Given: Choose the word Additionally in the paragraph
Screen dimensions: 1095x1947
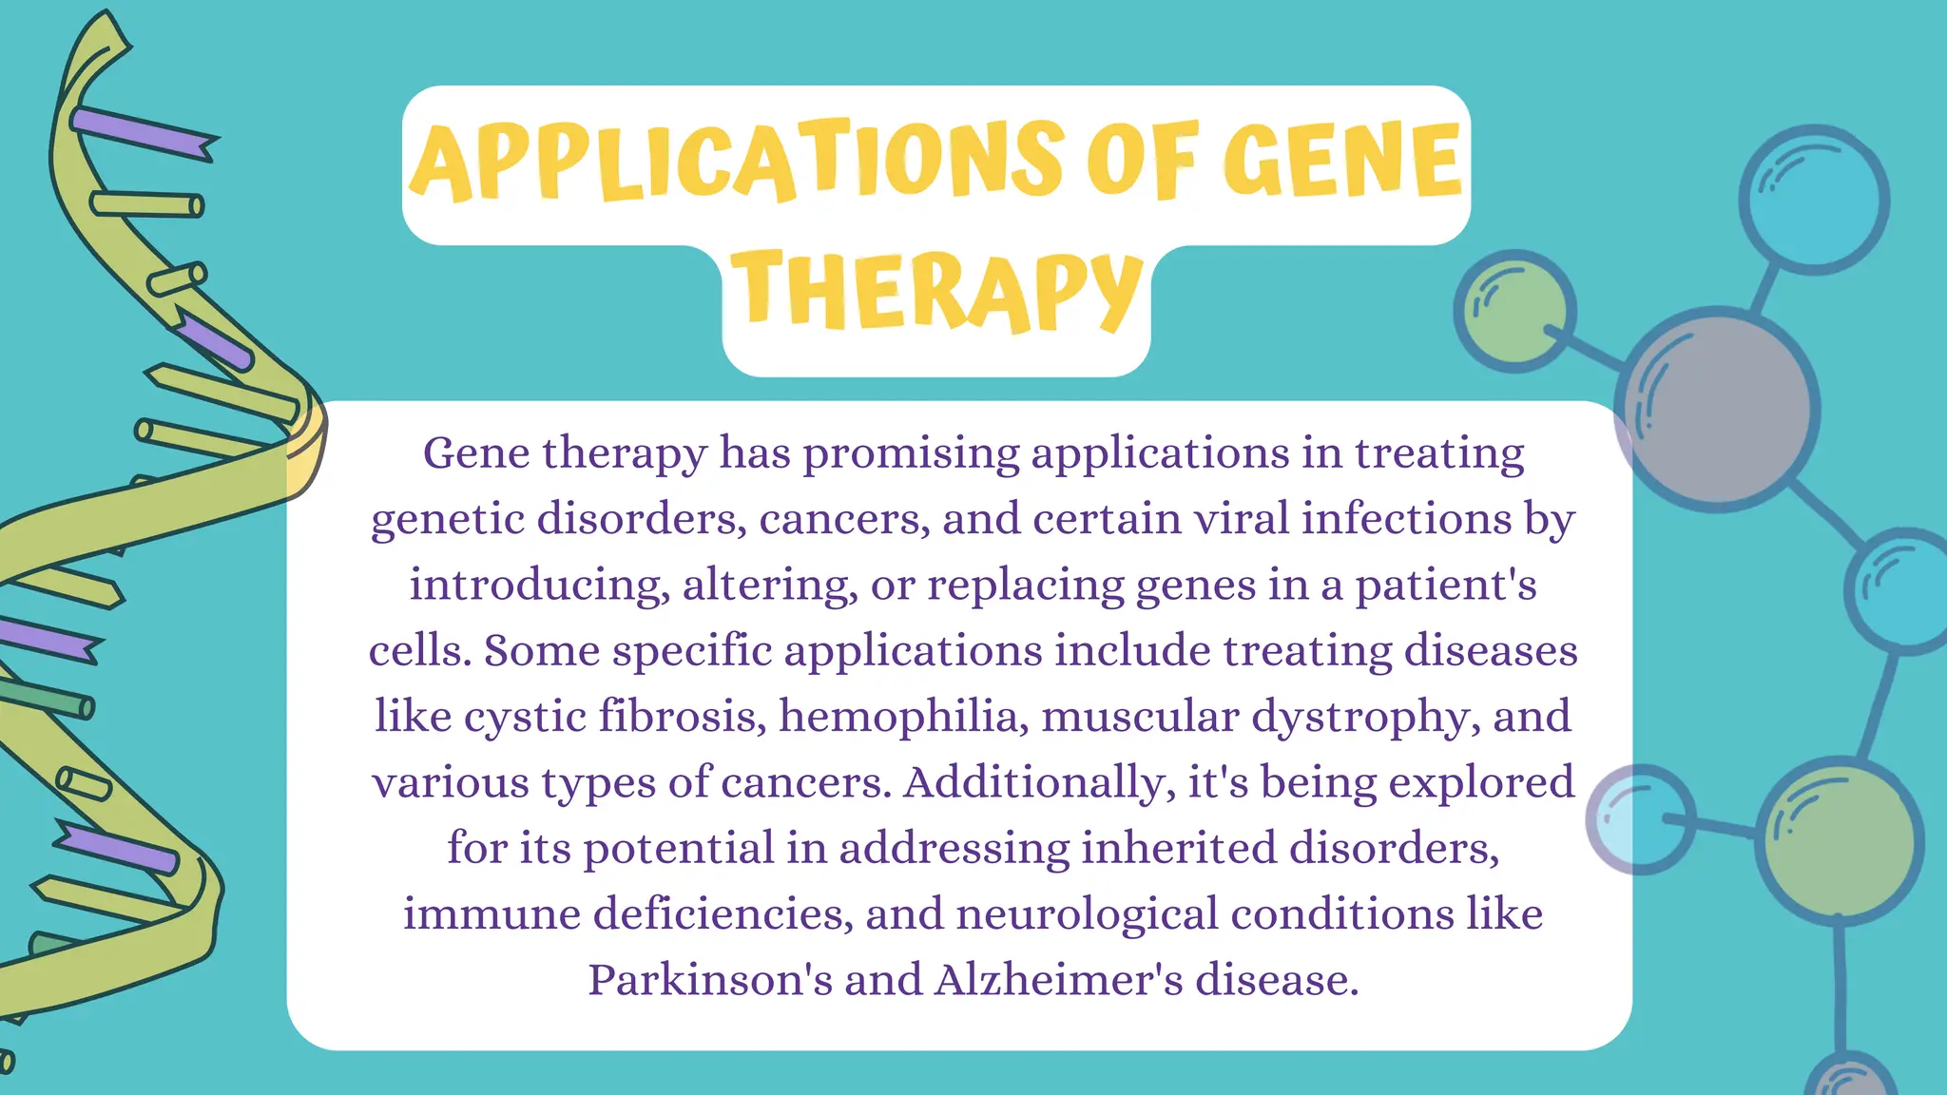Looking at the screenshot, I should (x=1035, y=782).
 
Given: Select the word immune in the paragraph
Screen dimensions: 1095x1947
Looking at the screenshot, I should (x=492, y=913).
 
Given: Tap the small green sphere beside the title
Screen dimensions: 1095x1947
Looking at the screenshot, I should (x=1514, y=311).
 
